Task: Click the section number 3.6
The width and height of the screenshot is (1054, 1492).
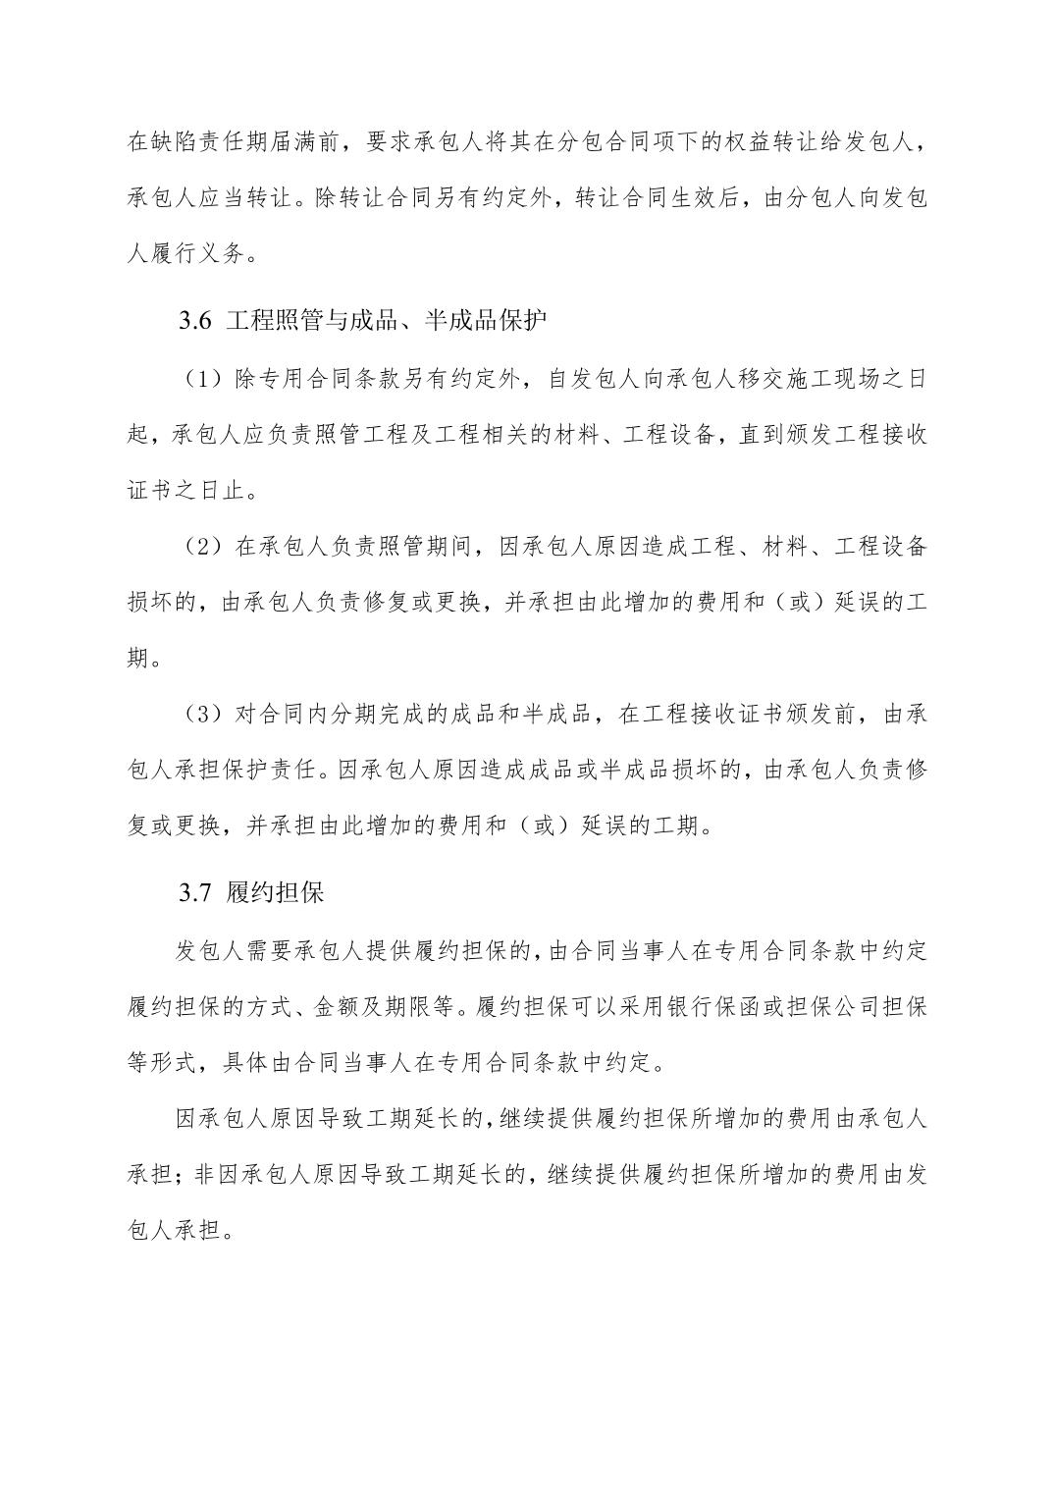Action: (x=195, y=321)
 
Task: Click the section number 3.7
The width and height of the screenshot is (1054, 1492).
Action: (x=195, y=893)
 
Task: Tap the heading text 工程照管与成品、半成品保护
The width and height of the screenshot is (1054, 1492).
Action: (x=386, y=321)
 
